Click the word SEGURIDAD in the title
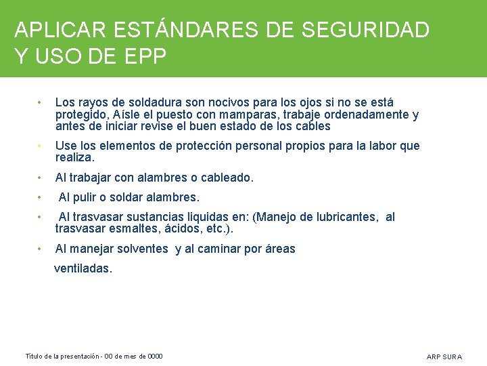point(365,30)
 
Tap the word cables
point(313,126)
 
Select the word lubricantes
point(344,217)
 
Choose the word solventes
point(142,249)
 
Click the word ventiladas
point(83,268)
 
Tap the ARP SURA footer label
point(444,357)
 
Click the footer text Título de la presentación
point(62,357)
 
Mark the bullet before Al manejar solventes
point(41,249)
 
